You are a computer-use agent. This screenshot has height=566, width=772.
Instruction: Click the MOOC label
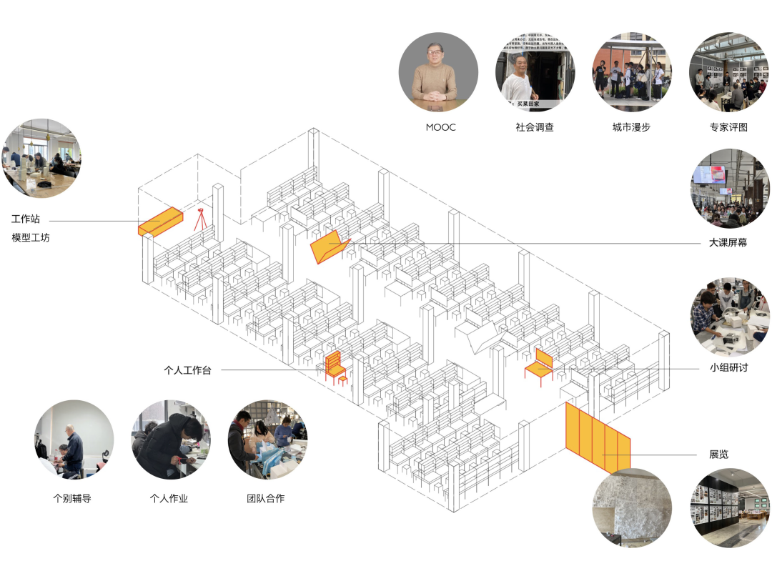coord(440,127)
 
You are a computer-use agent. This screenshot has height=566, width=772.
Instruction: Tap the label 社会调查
coord(535,127)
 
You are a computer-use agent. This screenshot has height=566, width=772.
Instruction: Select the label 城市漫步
coord(631,127)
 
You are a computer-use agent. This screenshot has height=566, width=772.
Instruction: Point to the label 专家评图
coord(728,127)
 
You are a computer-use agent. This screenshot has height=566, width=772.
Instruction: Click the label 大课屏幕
coord(728,243)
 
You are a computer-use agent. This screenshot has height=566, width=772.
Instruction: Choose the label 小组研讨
coord(728,368)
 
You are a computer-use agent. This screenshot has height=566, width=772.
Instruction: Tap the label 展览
coord(718,455)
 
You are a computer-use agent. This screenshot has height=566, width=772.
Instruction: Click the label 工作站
coord(25,219)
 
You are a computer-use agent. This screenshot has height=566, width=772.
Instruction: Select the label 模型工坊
coord(31,237)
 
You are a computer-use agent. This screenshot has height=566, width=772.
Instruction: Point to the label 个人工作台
coord(187,370)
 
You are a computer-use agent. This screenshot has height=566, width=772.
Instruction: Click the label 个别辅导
coord(72,498)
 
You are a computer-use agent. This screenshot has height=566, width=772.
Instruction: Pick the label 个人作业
coord(169,498)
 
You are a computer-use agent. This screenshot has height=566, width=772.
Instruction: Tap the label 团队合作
coord(265,498)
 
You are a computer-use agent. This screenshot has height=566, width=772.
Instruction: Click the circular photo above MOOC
coord(438,72)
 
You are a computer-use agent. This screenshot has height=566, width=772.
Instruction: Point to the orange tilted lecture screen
coord(330,247)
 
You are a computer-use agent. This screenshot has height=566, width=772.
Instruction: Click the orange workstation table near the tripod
coord(160,222)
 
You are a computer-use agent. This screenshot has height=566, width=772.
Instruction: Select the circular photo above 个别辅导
coord(73,440)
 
